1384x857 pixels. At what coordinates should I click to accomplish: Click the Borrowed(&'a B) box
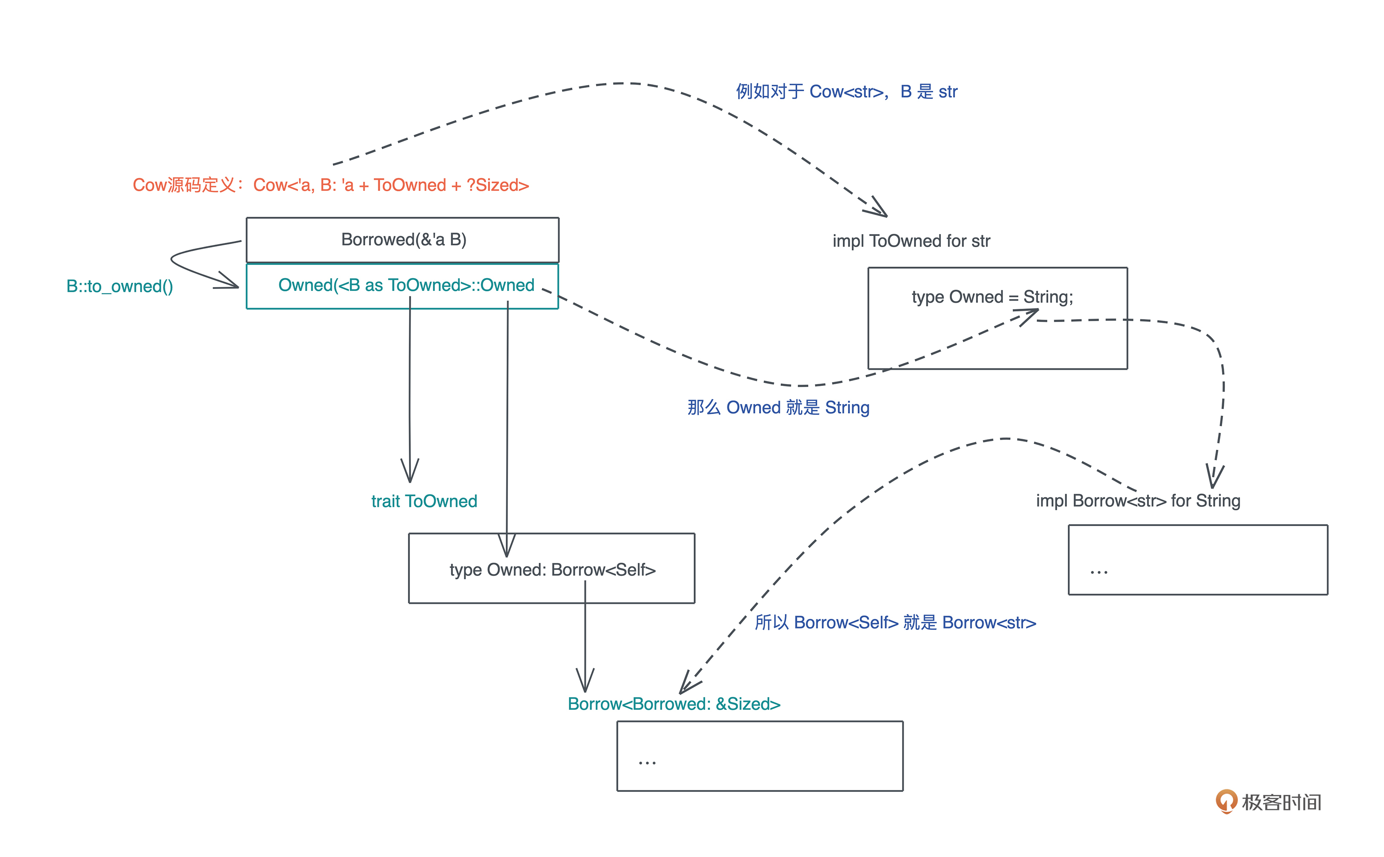click(x=403, y=240)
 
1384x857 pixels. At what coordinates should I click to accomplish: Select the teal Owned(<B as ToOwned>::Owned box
click(x=403, y=286)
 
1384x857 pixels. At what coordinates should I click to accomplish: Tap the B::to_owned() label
click(x=120, y=287)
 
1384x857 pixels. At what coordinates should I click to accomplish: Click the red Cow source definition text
click(x=331, y=185)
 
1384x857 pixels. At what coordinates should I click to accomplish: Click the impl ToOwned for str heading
click(x=911, y=242)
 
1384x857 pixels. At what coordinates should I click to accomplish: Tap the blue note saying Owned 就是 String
click(x=778, y=408)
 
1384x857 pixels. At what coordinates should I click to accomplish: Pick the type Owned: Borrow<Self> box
click(x=552, y=569)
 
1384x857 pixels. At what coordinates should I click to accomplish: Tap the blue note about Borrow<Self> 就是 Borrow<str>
click(x=895, y=623)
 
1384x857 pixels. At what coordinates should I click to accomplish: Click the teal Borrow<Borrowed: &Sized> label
click(x=674, y=704)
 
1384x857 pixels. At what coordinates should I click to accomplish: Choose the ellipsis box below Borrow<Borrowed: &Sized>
click(x=760, y=756)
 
